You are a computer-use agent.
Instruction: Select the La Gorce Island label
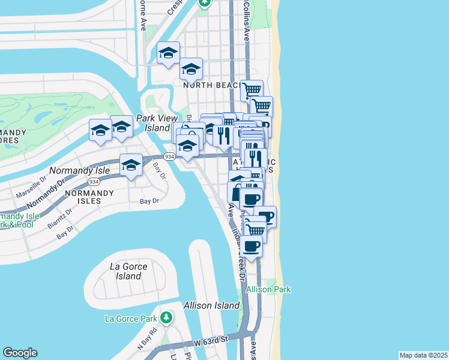[125, 271]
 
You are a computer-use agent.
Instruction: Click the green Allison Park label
[268, 289]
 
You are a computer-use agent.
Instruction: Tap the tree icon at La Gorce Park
[166, 317]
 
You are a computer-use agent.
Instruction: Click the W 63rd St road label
[211, 341]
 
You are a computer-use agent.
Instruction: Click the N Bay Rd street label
[146, 338]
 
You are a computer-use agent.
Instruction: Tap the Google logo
[20, 353]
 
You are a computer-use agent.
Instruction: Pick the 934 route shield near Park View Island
[170, 156]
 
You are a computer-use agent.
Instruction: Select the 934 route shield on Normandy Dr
[93, 181]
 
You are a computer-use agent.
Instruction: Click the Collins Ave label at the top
[246, 20]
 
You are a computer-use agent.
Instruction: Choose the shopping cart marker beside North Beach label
[252, 91]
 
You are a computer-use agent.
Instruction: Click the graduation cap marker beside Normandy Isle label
[131, 164]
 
